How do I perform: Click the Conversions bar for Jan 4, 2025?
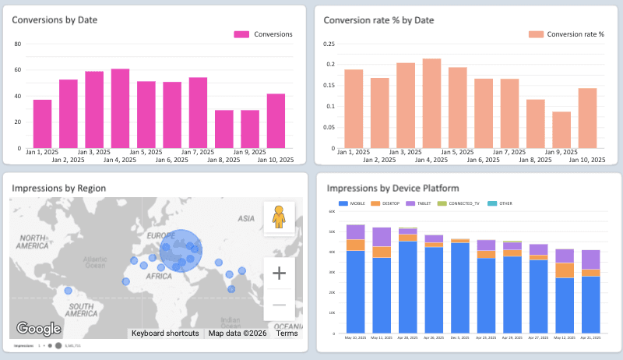coord(120,108)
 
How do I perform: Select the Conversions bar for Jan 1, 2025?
coord(42,123)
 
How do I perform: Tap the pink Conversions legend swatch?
coord(242,34)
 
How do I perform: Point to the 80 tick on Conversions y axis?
coord(18,44)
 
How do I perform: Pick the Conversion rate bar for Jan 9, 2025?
coord(561,129)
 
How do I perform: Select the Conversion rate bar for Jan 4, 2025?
coord(432,103)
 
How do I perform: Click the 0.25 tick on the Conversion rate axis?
coord(328,44)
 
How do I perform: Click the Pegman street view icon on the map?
coord(279,217)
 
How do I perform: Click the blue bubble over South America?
coord(69,291)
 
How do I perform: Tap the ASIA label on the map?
coord(247,219)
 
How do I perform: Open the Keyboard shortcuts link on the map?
coord(164,334)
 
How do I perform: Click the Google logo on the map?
coord(38,329)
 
